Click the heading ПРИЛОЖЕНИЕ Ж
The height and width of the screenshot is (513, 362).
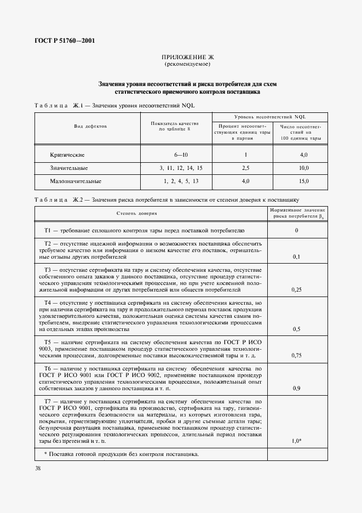click(180, 58)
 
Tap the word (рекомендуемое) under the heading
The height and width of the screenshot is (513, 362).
click(180, 65)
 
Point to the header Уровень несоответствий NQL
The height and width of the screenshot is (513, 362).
click(269, 117)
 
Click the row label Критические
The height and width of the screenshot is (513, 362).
click(67, 155)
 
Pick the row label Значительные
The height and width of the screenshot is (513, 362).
click(69, 168)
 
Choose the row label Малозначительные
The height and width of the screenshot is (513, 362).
click(76, 181)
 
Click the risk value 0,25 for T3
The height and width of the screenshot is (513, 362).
click(297, 290)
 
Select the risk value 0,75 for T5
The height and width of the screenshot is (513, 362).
click(297, 355)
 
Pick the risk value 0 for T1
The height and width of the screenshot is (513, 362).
click(296, 231)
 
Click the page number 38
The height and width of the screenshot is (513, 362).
click(38, 468)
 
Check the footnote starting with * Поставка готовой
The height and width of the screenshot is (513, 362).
click(122, 454)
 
